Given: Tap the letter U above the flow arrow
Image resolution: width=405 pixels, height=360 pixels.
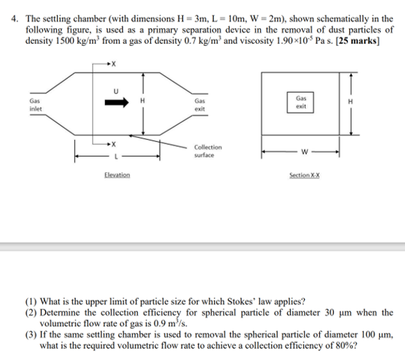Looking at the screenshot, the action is pos(116,89).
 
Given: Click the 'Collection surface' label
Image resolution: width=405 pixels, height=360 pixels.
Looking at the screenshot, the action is pos(208,150).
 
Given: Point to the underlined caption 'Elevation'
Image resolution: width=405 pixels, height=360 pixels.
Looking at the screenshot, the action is pos(116,174).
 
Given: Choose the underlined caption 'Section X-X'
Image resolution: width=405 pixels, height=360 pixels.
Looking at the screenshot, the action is pos(303,174).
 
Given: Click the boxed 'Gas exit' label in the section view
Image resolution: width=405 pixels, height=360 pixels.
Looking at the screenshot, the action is pos(301,102).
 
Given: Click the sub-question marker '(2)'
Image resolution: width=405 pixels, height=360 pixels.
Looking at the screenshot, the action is pos(31,313).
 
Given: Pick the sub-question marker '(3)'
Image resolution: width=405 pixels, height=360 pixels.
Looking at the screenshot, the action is pos(31,334).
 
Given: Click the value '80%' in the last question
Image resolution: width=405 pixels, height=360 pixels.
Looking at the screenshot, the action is pos(345,344).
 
